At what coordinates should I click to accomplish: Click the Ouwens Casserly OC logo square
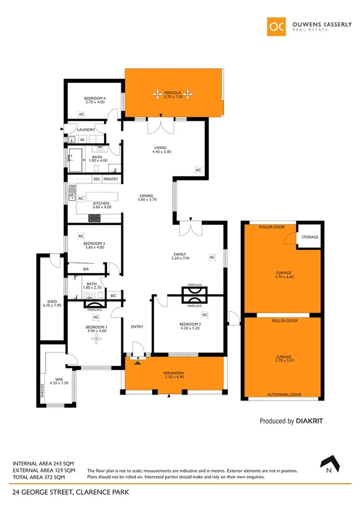click(276, 26)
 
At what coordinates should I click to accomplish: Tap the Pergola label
click(173, 93)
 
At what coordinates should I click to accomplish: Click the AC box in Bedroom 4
click(81, 114)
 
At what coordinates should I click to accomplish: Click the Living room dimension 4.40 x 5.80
click(162, 152)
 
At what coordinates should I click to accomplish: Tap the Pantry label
click(111, 179)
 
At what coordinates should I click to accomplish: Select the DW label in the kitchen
click(72, 187)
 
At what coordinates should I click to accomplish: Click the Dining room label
click(147, 195)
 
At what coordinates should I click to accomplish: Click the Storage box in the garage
click(310, 237)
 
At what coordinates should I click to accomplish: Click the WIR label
click(56, 379)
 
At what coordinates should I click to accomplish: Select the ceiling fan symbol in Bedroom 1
click(95, 340)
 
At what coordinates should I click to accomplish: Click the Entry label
click(137, 327)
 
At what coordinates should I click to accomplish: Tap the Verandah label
click(173, 373)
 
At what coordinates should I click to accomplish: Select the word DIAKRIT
click(310, 422)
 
